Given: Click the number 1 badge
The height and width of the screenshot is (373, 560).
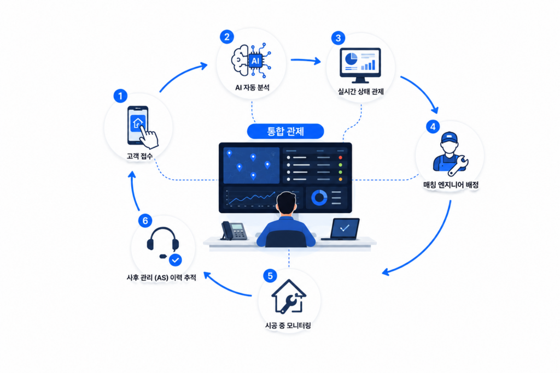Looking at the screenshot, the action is tap(120, 96).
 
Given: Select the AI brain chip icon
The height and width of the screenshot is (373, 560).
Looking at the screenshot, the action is tap(251, 60).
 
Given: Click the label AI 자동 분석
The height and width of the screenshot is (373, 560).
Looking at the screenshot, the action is tap(252, 87).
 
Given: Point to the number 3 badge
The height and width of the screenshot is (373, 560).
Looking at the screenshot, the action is tap(338, 38).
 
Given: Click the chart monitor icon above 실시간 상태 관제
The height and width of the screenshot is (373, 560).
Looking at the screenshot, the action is tap(360, 65).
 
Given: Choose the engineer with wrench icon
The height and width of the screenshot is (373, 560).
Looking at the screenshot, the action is tap(451, 154).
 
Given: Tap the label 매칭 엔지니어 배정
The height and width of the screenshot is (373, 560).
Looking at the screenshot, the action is tap(451, 185).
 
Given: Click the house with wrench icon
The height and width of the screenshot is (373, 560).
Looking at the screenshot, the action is tap(289, 297).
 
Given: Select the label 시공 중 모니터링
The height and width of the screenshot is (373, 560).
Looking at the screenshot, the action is tap(288, 325).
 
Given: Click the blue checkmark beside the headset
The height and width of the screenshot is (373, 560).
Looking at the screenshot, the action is tap(176, 260).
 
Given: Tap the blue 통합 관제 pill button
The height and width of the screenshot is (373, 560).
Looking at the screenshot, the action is tap(285, 131).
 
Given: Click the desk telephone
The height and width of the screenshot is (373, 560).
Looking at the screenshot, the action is tap(234, 230).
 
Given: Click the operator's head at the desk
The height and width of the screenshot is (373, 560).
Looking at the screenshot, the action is tap(287, 204).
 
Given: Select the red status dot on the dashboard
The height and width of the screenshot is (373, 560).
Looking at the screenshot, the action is tap(340, 157).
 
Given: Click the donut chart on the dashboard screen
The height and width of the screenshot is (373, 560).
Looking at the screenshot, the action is tap(319, 198).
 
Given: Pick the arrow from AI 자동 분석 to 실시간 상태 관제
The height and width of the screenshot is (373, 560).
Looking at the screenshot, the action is tap(306, 61).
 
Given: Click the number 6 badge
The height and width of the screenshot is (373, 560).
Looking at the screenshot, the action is tap(145, 221).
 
